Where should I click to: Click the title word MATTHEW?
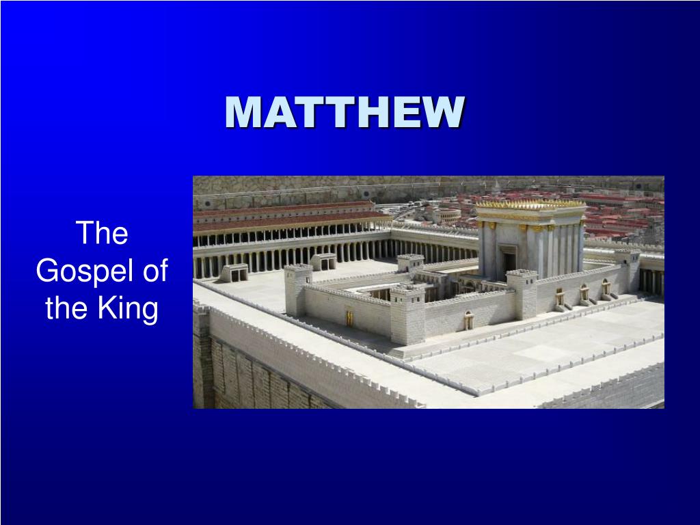[x=345, y=111]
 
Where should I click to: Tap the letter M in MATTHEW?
[x=243, y=111]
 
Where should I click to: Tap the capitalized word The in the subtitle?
[x=103, y=232]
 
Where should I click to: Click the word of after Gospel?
[x=155, y=270]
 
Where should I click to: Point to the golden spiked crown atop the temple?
[x=530, y=204]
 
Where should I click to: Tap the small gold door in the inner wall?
[x=349, y=318]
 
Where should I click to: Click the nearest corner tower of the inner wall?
[x=407, y=315]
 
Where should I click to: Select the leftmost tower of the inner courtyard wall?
[x=298, y=289]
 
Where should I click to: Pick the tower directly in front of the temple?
[x=522, y=293]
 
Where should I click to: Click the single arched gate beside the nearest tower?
[x=468, y=320]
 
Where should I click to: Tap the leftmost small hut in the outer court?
[x=234, y=273]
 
